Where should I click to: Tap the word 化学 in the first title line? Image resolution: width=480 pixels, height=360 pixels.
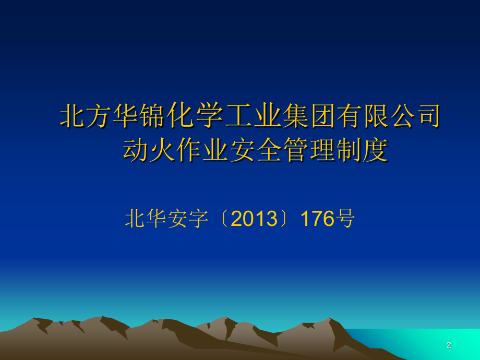(x=197, y=115)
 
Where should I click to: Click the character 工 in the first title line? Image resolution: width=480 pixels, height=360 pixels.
(x=238, y=116)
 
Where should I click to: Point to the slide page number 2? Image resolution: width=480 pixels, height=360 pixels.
(x=449, y=345)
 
